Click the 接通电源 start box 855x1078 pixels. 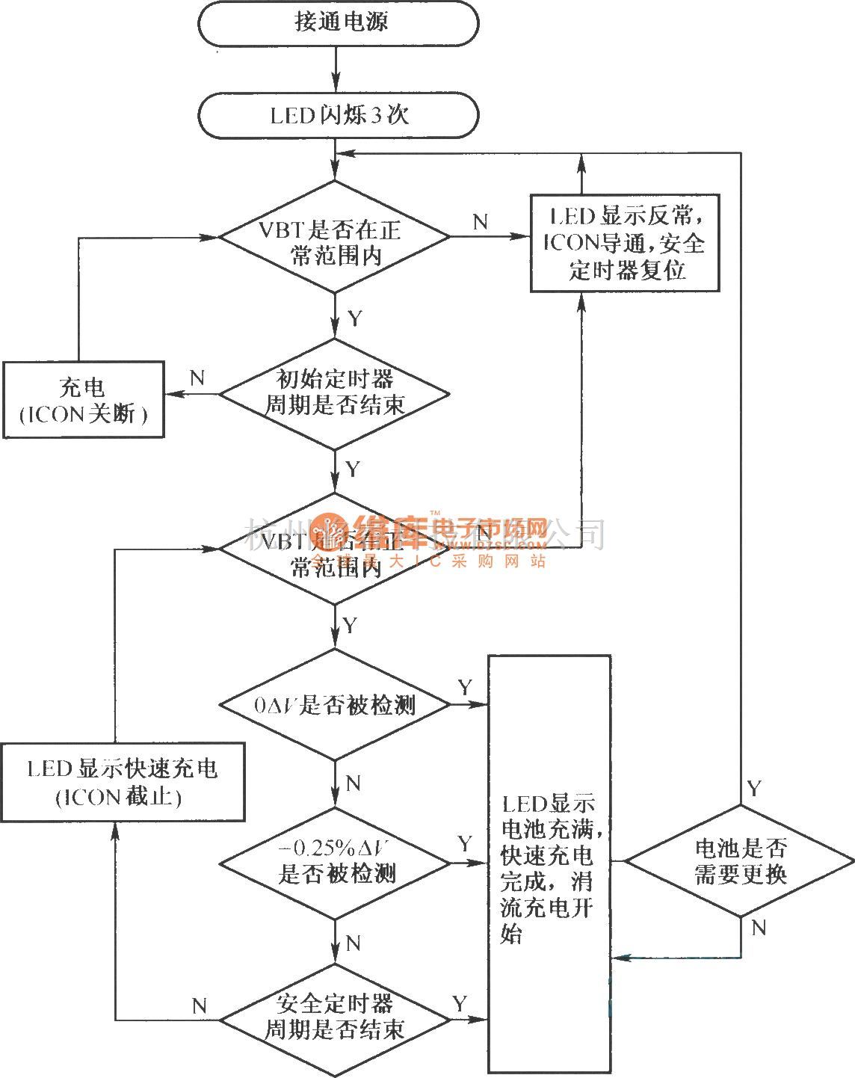point(337,23)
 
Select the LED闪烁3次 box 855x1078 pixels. point(337,116)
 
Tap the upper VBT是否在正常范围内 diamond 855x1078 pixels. point(335,238)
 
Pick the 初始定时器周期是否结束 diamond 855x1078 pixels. point(335,393)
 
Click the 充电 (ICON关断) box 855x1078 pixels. point(83,400)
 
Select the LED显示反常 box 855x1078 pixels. point(625,243)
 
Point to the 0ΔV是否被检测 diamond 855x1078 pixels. point(335,704)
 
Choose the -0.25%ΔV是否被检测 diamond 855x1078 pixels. point(335,862)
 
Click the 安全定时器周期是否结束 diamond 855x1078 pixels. point(335,1017)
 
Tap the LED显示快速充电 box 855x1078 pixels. point(122,782)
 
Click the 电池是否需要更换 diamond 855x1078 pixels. point(740,861)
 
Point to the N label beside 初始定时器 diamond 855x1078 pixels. point(197,378)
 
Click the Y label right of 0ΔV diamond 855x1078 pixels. point(465,687)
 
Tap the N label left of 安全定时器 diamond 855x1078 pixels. point(199,1005)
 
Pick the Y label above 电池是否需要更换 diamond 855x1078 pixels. point(755,788)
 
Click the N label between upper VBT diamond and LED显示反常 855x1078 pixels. point(481,221)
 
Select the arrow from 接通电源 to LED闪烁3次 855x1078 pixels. point(337,69)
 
